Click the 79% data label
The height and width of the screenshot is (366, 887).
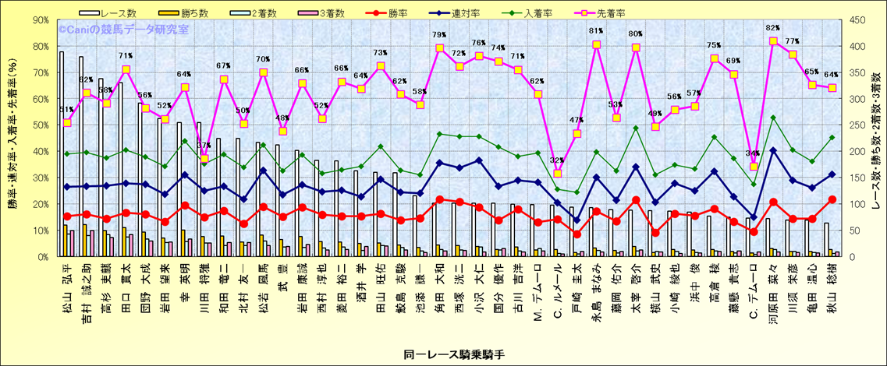click(x=439, y=35)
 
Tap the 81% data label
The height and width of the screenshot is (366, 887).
click(x=595, y=31)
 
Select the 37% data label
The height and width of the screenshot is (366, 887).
click(x=204, y=146)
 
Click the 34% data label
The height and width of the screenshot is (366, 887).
click(x=753, y=153)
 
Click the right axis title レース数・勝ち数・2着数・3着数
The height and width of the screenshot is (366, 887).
click(x=877, y=141)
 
